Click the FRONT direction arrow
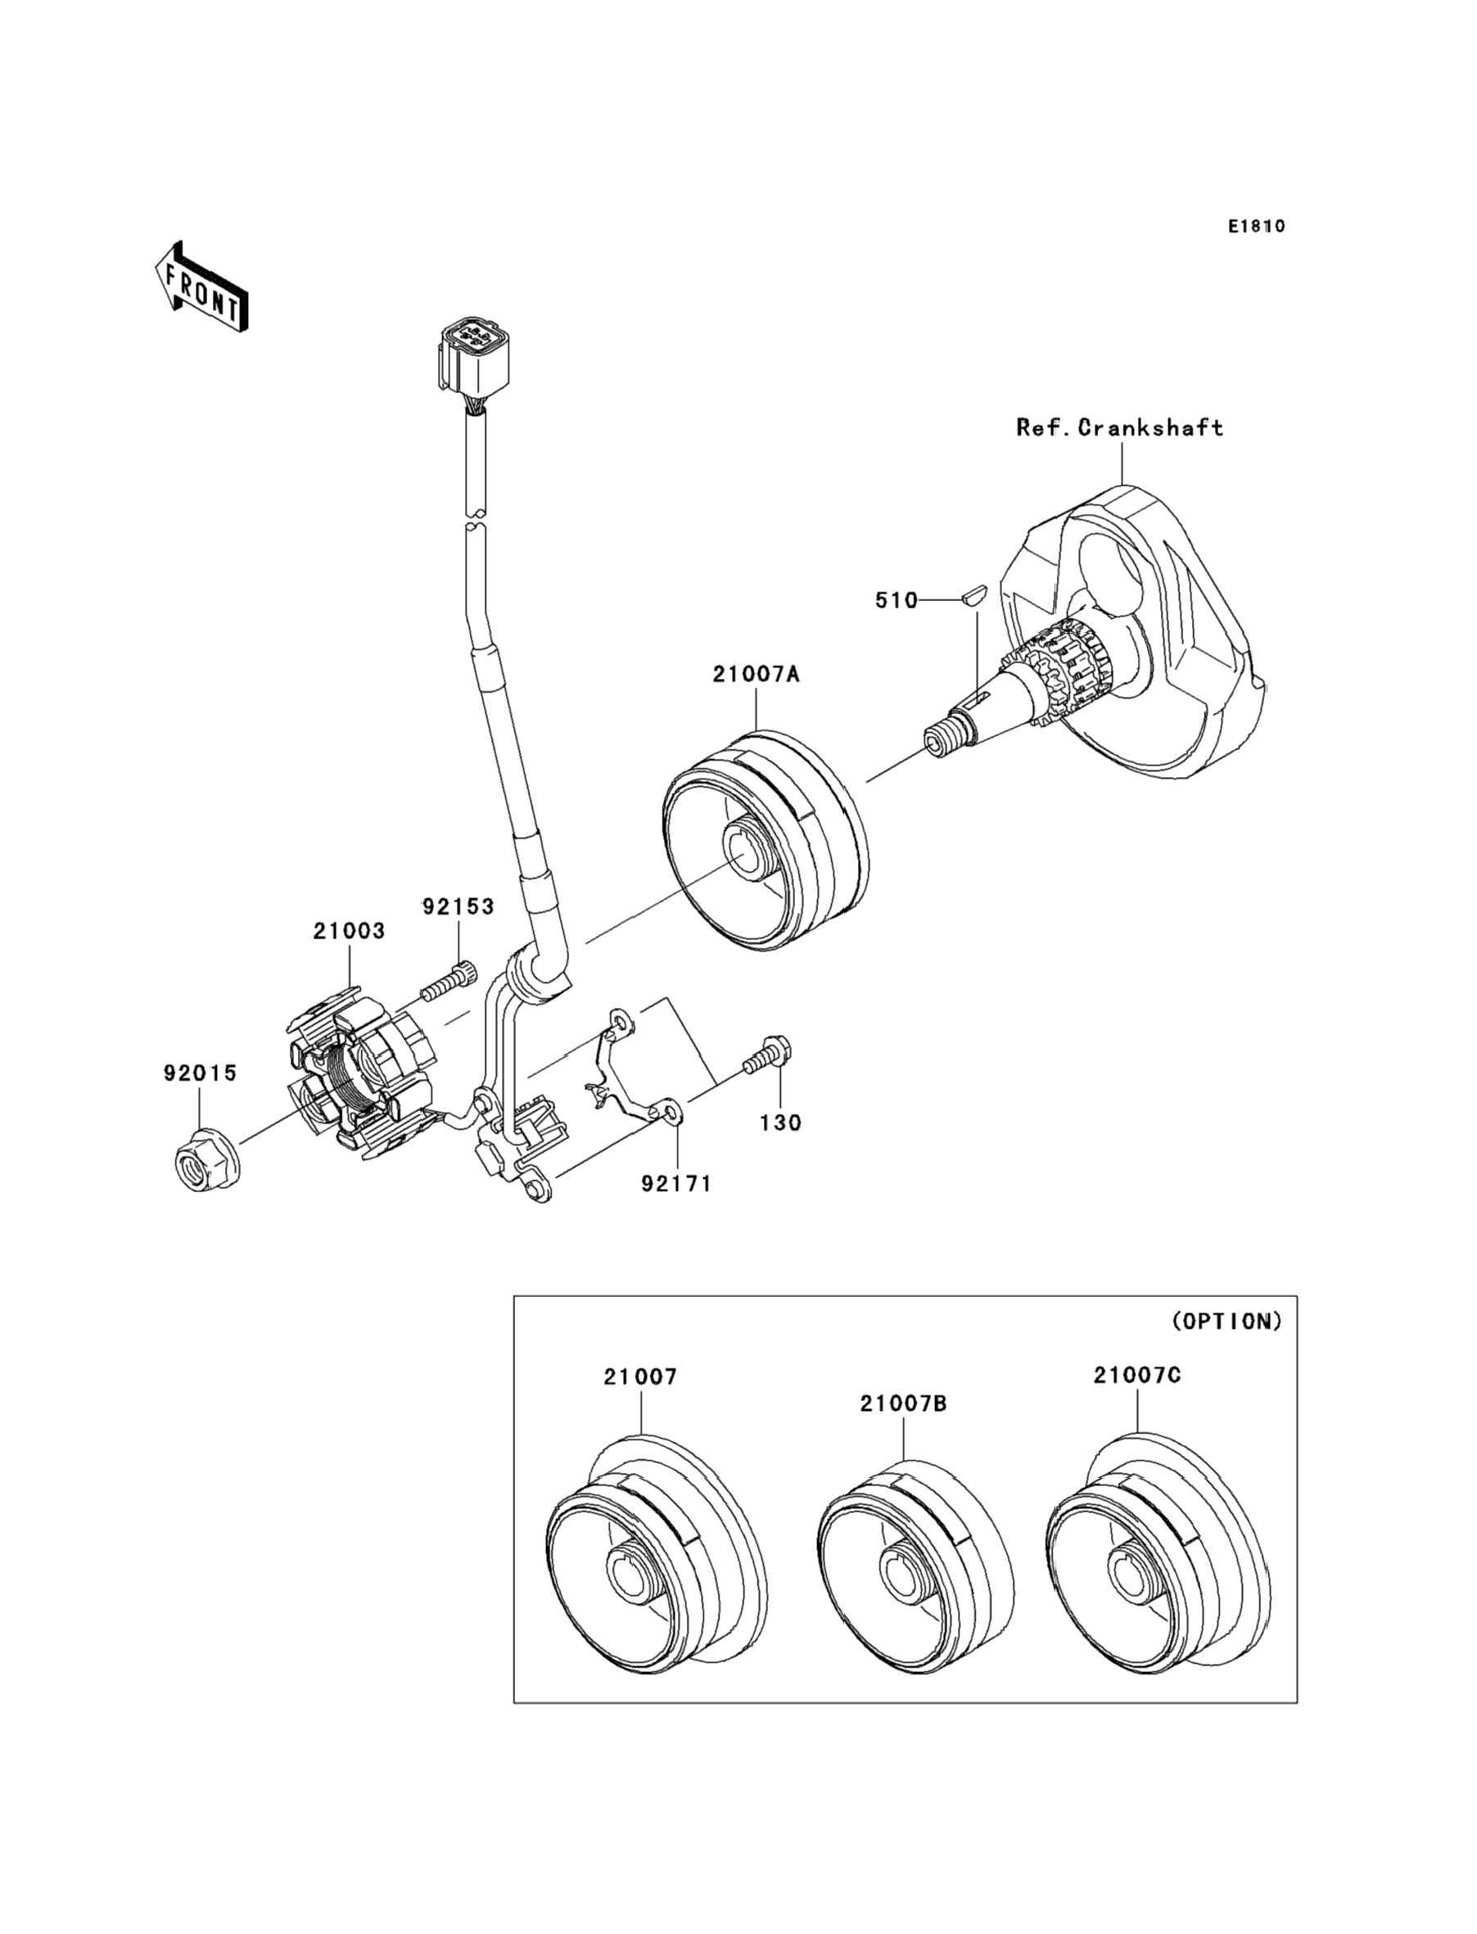pyautogui.click(x=201, y=287)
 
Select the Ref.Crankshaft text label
pyautogui.click(x=1119, y=428)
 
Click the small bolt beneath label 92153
pyautogui.click(x=449, y=982)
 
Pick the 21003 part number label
pyautogui.click(x=349, y=930)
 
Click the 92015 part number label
pyautogui.click(x=201, y=1073)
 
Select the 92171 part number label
pyautogui.click(x=676, y=1183)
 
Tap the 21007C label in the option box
pyautogui.click(x=1138, y=1374)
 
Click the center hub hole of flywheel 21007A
pyautogui.click(x=745, y=852)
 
